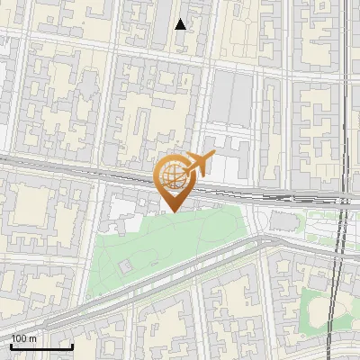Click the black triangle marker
(x=181, y=24)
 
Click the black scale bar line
(x=41, y=346)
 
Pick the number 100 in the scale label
(x=19, y=338)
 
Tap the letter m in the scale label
(x=32, y=338)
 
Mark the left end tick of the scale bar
(x=11, y=345)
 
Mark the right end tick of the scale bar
(x=72, y=345)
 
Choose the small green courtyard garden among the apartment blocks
(x=319, y=310)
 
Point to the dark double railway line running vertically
(x=340, y=270)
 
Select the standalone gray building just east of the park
(x=284, y=220)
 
